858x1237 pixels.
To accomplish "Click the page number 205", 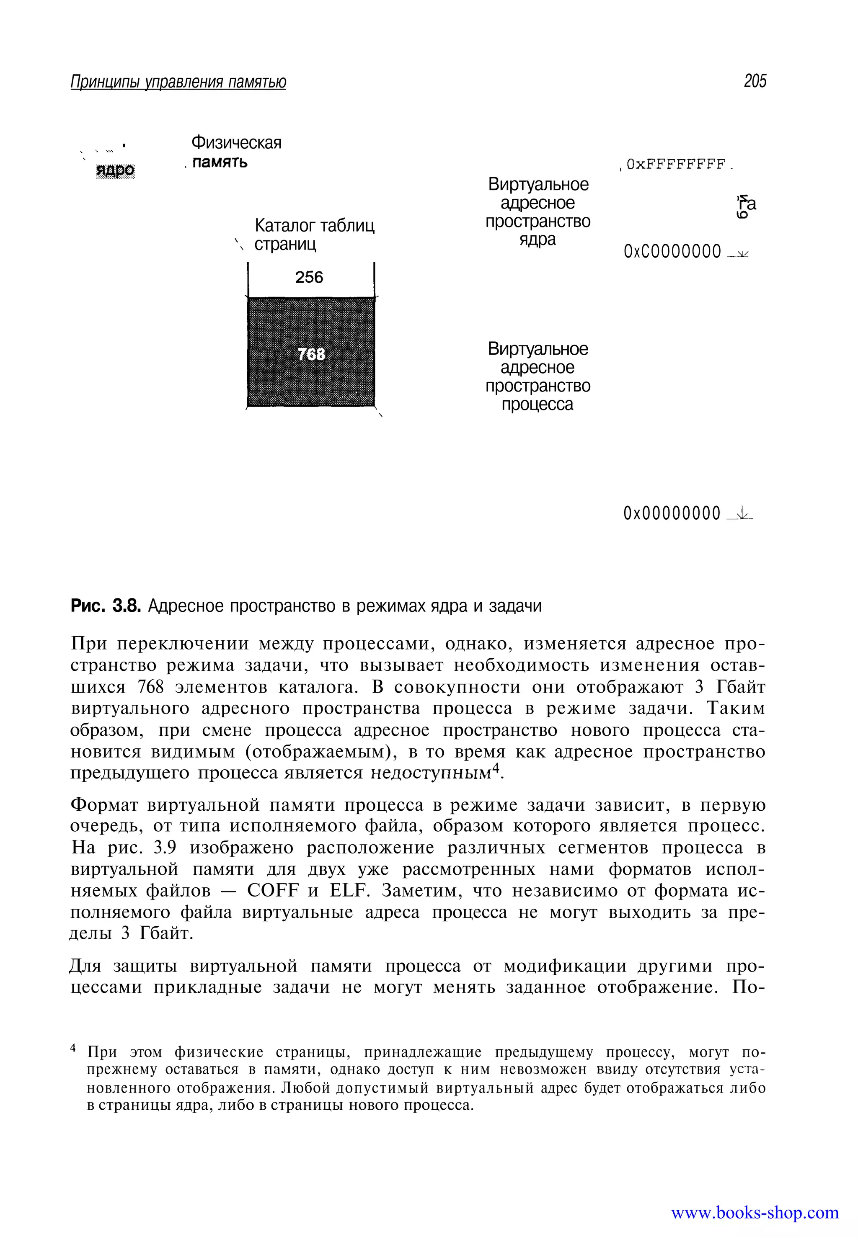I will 755,81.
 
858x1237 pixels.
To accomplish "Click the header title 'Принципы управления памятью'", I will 178,82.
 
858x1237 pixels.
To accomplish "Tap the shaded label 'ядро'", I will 115,170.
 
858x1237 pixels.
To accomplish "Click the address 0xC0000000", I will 672,252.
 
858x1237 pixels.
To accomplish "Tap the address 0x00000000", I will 672,513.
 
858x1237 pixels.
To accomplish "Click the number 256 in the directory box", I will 309,277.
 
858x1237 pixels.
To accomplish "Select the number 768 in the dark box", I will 311,354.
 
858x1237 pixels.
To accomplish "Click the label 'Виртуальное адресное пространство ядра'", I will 538,212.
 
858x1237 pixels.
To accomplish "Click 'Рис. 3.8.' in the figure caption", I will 106,606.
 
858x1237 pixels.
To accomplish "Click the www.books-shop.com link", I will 755,1213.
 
